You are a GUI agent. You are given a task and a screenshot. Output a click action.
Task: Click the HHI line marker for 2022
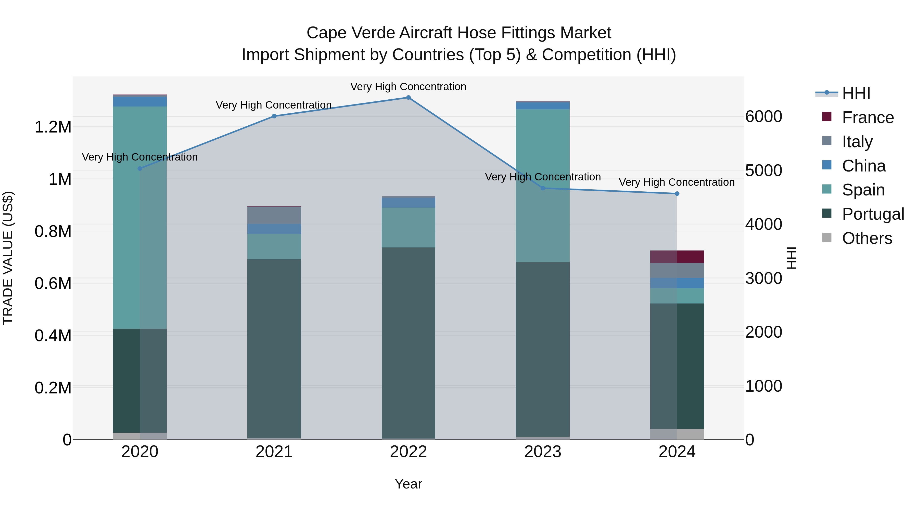point(409,98)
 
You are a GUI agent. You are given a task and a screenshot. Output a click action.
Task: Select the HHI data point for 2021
point(274,116)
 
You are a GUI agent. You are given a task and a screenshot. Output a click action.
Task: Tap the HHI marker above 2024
point(677,194)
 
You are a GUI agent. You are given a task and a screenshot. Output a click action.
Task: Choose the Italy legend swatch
point(826,141)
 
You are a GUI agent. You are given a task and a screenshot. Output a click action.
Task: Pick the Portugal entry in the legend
point(873,214)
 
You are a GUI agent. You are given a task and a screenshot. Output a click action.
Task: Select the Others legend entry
point(867,238)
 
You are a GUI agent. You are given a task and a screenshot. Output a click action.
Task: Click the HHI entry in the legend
point(856,93)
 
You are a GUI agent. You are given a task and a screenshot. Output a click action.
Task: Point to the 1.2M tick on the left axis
point(53,127)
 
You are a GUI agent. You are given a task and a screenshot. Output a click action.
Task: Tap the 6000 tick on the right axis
point(764,117)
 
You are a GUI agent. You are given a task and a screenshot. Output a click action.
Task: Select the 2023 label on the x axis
point(543,452)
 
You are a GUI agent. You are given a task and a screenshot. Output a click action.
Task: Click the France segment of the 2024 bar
point(677,257)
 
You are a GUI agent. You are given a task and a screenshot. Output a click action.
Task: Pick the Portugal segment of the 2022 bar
point(409,342)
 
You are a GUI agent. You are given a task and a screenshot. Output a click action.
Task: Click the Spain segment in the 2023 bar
point(543,185)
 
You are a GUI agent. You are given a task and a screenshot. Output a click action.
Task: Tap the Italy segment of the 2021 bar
point(274,215)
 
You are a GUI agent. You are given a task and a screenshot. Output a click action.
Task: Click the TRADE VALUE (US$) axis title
point(8,258)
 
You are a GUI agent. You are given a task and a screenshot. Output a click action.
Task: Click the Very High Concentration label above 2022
point(409,87)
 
